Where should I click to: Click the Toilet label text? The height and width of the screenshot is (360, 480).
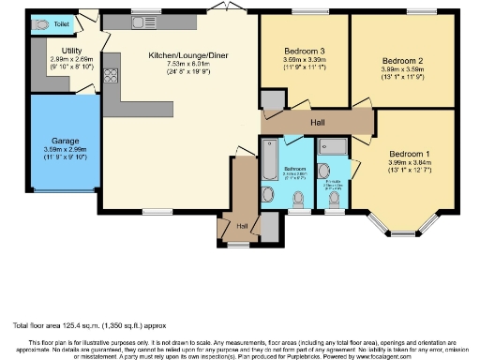[61, 22]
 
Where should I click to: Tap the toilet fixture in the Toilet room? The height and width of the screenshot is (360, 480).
[37, 25]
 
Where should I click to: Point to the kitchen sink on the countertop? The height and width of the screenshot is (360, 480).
[143, 22]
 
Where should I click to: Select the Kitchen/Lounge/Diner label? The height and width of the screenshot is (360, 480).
[183, 55]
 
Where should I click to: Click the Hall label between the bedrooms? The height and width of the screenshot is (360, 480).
[318, 122]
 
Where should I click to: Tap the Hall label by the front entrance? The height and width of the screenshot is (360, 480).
[242, 226]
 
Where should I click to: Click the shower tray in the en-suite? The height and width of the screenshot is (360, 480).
[333, 144]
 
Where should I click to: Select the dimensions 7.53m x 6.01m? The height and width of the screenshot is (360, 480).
[183, 66]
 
